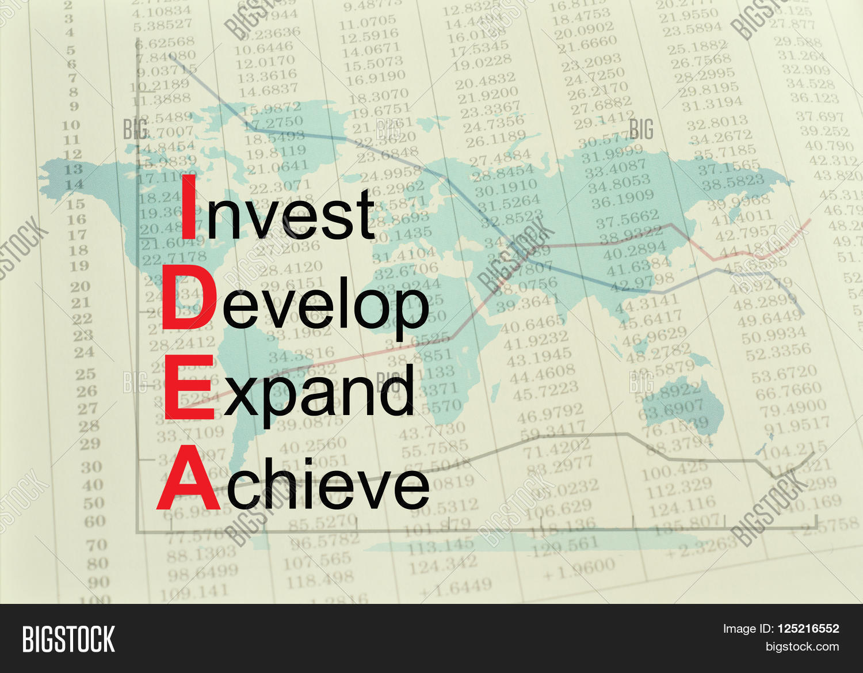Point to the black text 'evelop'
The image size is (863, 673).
325,305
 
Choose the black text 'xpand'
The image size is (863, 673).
319,391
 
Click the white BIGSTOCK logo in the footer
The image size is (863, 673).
68,639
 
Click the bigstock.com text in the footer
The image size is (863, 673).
802,647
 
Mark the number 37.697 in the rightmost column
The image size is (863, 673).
820,117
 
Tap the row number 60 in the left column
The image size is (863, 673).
95,522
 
